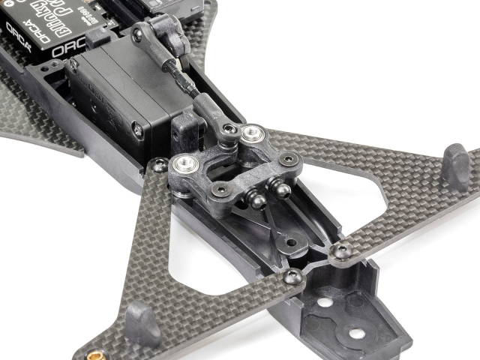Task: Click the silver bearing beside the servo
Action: click(183, 163)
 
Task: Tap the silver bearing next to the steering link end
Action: click(250, 135)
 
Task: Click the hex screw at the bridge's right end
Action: click(289, 159)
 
